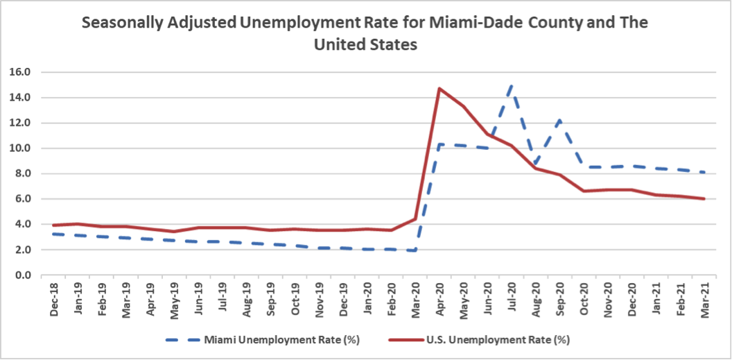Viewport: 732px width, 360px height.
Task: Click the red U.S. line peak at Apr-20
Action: pyautogui.click(x=439, y=89)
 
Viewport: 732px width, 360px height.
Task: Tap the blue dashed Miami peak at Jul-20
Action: pyautogui.click(x=512, y=85)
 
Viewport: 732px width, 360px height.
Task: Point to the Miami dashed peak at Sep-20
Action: pyautogui.click(x=559, y=120)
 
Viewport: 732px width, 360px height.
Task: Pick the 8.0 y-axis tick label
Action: pyautogui.click(x=22, y=173)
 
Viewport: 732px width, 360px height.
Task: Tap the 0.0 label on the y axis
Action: pyautogui.click(x=22, y=275)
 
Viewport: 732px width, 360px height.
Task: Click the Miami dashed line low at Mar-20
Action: pyautogui.click(x=415, y=250)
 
